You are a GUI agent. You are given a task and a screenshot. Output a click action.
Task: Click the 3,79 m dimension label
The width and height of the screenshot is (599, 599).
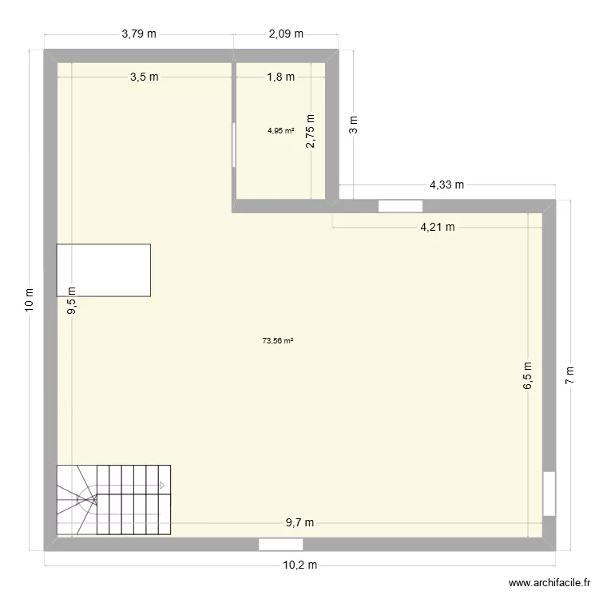click(x=138, y=34)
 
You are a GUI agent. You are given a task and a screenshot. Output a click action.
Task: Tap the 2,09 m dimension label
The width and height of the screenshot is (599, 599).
click(x=286, y=34)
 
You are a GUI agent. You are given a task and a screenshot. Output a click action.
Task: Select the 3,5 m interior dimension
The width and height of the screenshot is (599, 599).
click(x=145, y=77)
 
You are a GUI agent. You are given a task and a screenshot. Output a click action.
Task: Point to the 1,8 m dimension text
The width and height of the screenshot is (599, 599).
click(x=280, y=77)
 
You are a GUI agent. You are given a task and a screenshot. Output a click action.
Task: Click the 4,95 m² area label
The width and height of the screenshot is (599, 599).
click(x=280, y=131)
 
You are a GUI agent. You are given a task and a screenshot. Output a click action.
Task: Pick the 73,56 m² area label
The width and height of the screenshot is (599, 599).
click(x=278, y=341)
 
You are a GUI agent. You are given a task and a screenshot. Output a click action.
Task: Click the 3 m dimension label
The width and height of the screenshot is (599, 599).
click(x=354, y=124)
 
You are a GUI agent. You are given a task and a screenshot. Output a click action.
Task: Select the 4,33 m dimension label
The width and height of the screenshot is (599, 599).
click(x=447, y=184)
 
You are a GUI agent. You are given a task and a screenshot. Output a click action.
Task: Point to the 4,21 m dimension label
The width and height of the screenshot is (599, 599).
click(x=438, y=227)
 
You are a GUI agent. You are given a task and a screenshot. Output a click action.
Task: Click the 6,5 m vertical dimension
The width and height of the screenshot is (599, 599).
click(x=528, y=375)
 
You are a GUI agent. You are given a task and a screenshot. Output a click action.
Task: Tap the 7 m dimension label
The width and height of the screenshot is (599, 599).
click(x=570, y=375)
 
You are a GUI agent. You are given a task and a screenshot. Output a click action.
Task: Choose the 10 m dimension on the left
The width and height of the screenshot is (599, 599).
click(x=30, y=299)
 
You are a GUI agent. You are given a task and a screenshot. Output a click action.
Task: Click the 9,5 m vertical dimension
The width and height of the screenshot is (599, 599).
click(x=72, y=302)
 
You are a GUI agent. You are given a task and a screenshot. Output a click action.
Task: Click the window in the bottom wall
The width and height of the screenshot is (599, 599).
click(x=280, y=545)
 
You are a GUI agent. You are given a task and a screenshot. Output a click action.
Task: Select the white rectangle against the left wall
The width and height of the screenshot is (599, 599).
click(x=104, y=270)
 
